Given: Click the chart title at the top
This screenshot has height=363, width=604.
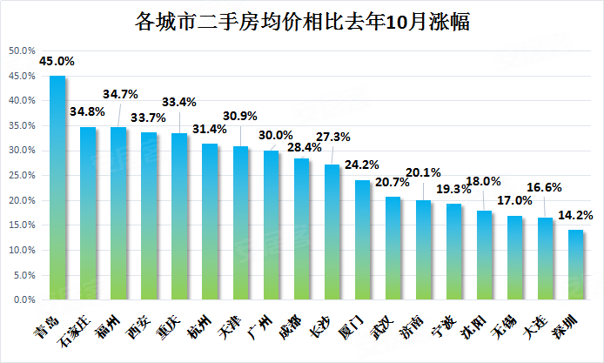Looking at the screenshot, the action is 302,21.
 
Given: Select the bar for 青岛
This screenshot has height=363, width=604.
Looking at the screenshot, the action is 57,188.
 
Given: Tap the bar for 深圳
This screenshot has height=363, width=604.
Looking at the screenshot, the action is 575,265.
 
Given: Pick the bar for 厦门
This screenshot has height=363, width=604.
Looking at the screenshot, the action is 362,240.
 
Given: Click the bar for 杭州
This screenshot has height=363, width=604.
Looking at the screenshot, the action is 210,222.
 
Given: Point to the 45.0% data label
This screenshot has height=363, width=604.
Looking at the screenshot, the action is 57,61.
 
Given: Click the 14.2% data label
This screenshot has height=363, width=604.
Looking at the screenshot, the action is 575,215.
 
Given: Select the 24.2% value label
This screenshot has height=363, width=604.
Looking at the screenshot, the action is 362,165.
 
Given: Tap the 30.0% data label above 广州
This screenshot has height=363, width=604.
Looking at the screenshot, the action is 275,135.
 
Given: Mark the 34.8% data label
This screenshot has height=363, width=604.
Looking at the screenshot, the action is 87,111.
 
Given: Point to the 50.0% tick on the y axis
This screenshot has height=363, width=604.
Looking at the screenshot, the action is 22,50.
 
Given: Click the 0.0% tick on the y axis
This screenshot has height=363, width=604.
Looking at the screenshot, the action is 24,299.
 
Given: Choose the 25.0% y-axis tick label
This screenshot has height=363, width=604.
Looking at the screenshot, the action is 22,175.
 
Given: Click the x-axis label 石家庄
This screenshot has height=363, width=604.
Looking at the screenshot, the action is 76,331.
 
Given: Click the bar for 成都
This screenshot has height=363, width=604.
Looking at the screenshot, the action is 302,229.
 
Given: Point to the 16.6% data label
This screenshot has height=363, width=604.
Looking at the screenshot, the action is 544,188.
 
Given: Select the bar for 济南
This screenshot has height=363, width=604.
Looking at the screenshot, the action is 423,250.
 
